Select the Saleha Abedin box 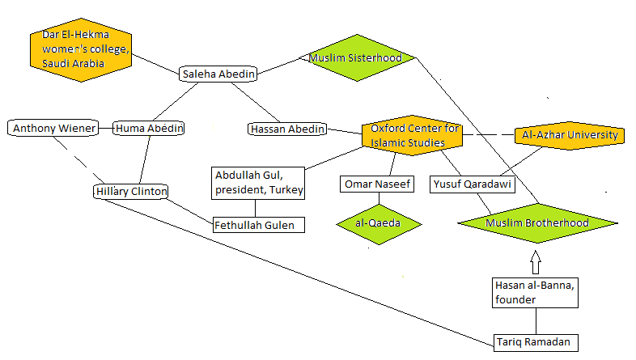[218, 74]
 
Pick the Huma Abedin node [149, 128]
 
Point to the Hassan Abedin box [286, 129]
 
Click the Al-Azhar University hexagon [570, 135]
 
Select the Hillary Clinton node [130, 192]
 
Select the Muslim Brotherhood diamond [537, 222]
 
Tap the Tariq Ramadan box [536, 342]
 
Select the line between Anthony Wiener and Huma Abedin [105, 128]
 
